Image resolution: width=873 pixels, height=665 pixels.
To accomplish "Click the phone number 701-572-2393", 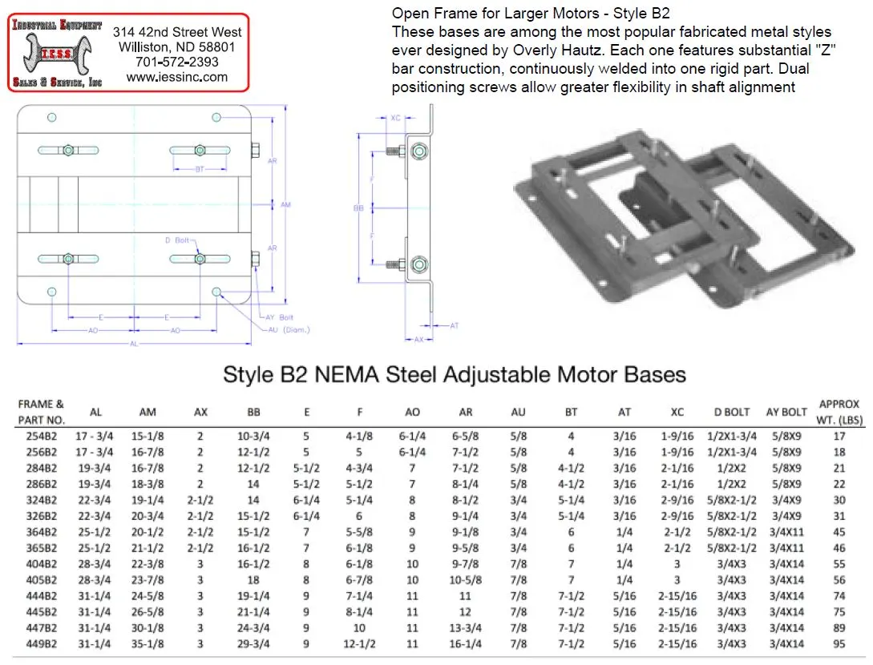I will (176, 62).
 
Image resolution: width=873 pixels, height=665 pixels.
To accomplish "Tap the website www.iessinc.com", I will (176, 77).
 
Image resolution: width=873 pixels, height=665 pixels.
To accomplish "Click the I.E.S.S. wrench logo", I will (55, 52).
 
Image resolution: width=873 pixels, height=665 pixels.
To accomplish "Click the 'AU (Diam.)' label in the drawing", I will (289, 329).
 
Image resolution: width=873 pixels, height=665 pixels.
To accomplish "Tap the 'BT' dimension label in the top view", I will (200, 168).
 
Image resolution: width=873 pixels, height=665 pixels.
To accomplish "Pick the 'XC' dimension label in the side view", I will (395, 118).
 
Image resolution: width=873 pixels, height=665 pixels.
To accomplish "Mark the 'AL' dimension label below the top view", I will (134, 344).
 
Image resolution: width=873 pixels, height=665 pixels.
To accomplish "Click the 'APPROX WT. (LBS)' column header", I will (839, 412).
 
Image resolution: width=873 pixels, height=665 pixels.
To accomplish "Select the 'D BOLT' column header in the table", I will (731, 412).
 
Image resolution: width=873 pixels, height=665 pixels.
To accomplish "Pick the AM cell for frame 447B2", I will (148, 628).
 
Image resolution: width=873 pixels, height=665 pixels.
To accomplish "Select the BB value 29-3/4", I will (253, 644).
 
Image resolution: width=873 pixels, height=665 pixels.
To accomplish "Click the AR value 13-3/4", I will (466, 628).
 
